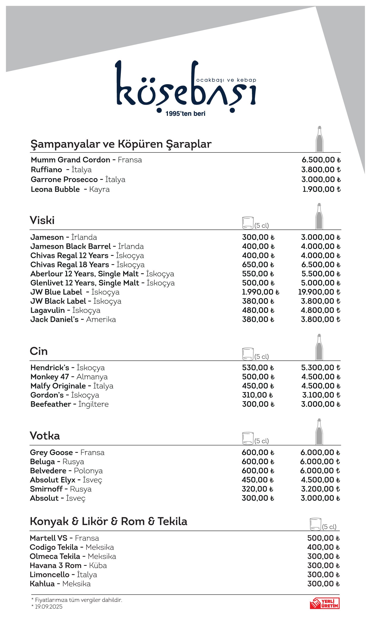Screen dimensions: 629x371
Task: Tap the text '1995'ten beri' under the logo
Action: click(185, 114)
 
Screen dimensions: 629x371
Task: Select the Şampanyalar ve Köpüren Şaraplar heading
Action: click(121, 144)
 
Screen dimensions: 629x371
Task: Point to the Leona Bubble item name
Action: click(55, 189)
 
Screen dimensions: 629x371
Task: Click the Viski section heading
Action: click(42, 220)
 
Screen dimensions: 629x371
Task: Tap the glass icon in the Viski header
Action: click(248, 223)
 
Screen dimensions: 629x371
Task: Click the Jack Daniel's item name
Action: click(54, 320)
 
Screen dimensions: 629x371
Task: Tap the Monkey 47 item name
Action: click(50, 377)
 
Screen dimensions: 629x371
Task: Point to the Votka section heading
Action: click(45, 436)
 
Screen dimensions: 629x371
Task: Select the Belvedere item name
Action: click(48, 471)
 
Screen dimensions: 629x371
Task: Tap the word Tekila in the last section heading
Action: click(172, 522)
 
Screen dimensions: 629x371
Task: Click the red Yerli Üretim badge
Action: click(324, 603)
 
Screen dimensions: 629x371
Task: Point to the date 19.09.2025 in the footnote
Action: click(48, 607)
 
